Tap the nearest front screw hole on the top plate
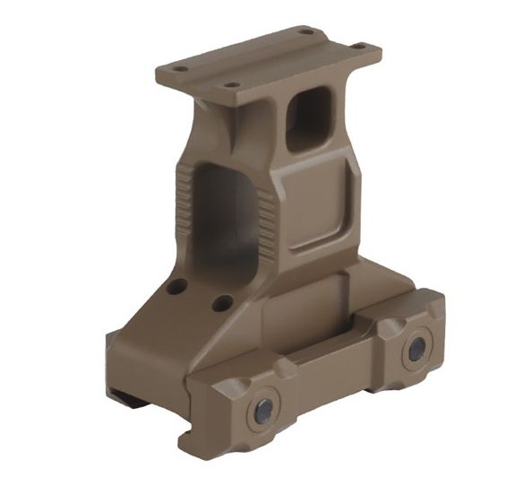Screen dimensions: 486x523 (x=232, y=85)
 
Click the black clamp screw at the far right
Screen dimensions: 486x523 (x=416, y=350)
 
